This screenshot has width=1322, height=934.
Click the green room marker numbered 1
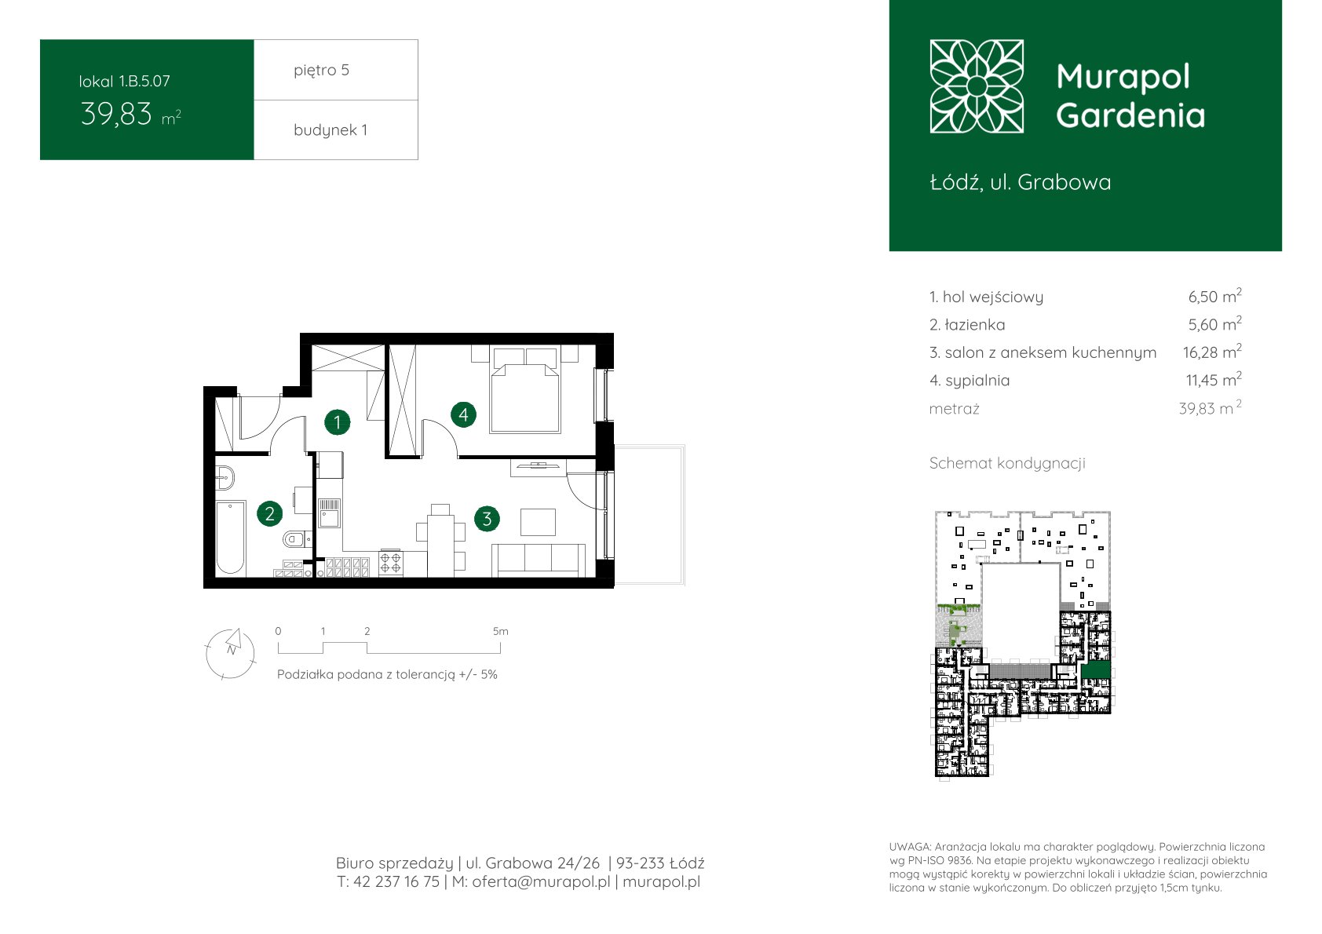click(338, 422)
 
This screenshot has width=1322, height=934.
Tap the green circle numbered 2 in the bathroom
click(270, 513)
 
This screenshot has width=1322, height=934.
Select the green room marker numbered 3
click(487, 519)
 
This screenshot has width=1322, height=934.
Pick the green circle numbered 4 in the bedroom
click(463, 414)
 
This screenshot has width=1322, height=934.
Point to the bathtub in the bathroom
click(230, 538)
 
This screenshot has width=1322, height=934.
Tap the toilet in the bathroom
click(297, 538)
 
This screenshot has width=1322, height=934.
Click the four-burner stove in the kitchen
click(390, 562)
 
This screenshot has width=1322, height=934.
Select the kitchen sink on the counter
click(329, 513)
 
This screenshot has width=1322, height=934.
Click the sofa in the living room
click(539, 560)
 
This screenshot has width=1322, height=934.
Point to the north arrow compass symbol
click(231, 654)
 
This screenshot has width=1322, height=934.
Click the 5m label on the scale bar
click(501, 631)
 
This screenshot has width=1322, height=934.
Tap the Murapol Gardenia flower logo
click(977, 86)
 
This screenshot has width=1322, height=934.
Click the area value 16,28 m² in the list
click(1211, 352)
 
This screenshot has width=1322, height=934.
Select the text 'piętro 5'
click(322, 70)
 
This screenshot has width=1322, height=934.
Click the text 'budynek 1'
click(330, 130)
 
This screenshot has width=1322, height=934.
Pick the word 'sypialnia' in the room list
click(977, 381)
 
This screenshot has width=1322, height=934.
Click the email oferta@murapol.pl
click(541, 881)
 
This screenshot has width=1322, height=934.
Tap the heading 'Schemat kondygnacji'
click(1007, 463)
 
